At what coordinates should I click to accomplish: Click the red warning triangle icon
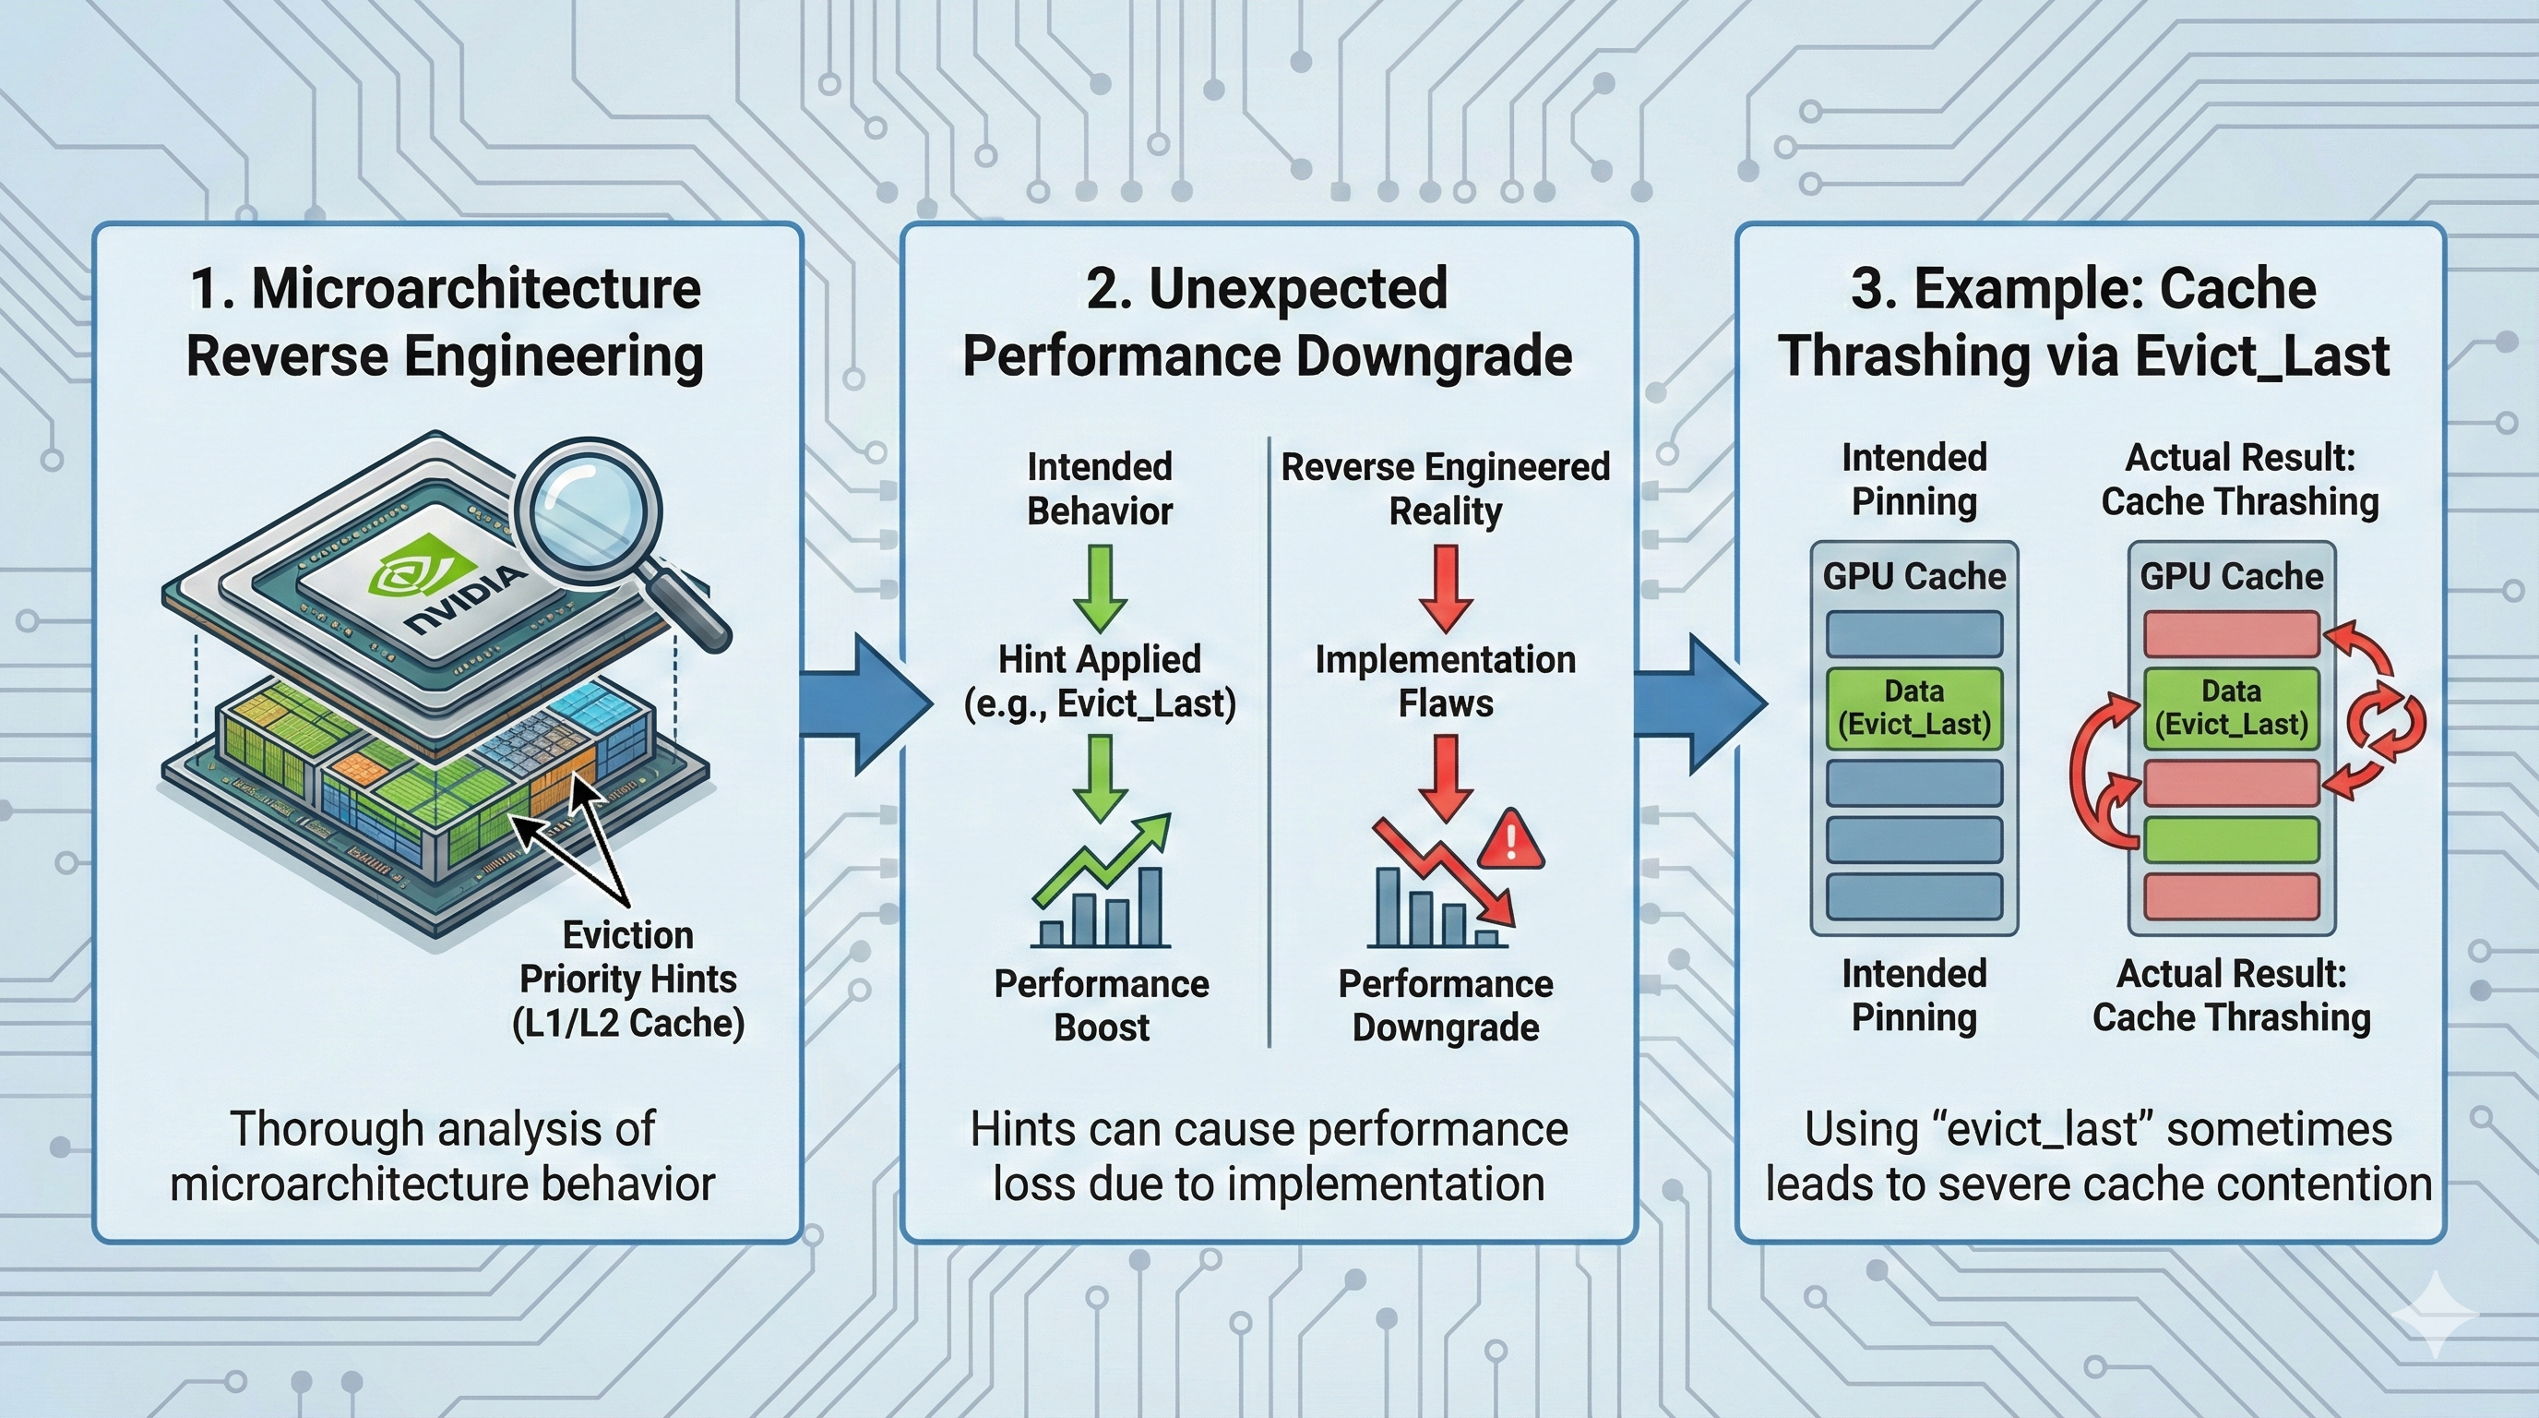pos(1511,840)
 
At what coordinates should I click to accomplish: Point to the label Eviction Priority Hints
pos(628,956)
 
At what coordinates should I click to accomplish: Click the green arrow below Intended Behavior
pos(1100,588)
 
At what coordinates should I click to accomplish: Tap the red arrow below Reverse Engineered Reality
pos(1445,588)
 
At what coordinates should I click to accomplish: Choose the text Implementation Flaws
pos(1445,681)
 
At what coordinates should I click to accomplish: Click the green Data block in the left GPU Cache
pos(1914,707)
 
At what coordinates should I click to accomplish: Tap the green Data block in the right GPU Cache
pos(2232,707)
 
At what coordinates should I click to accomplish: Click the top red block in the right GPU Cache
pos(2232,633)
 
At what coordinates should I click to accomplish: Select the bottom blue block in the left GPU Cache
pos(1914,896)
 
